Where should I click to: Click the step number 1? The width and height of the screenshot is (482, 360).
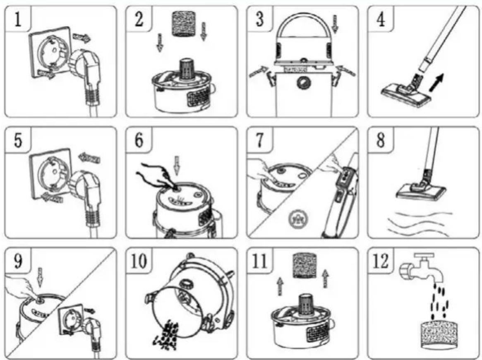click(x=17, y=20)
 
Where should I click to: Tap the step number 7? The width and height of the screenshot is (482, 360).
click(x=260, y=140)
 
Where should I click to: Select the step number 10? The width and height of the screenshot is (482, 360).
click(x=139, y=262)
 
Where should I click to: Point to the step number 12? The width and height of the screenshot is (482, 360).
click(x=381, y=262)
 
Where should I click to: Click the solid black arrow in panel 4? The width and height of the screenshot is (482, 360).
click(x=436, y=82)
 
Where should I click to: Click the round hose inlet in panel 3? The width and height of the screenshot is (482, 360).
click(x=303, y=82)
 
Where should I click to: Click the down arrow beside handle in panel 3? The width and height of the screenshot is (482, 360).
click(x=336, y=24)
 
